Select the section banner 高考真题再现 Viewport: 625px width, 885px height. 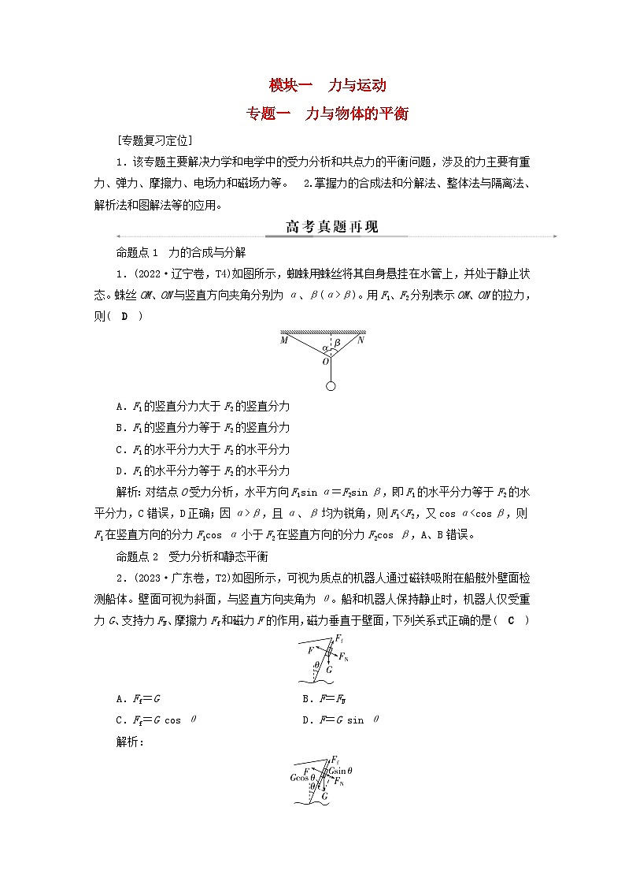coord(331,228)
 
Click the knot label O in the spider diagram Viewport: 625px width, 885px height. coord(324,362)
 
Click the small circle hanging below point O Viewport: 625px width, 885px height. coord(331,386)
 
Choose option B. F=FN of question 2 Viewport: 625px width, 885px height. coord(325,698)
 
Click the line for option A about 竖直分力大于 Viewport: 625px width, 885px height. coord(202,406)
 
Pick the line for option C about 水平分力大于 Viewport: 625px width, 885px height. coord(202,449)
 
